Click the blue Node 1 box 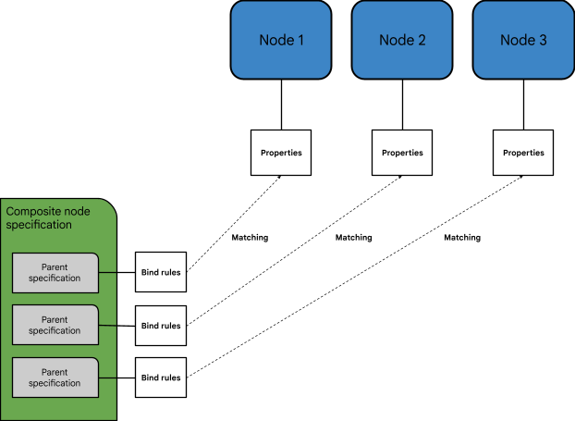click(281, 40)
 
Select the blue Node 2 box click(402, 40)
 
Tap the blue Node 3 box click(523, 40)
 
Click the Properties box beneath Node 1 click(281, 153)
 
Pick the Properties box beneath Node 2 click(402, 153)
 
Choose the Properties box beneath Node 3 click(523, 153)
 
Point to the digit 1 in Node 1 click(300, 40)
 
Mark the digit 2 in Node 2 click(422, 40)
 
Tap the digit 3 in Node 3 click(543, 40)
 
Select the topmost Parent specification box click(55, 272)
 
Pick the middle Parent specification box click(55, 325)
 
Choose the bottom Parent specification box click(55, 378)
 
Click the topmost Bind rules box click(161, 273)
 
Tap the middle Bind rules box click(161, 326)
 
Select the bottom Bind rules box click(161, 378)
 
